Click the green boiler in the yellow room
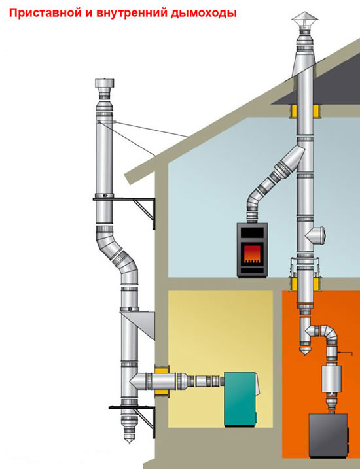tap(241, 398)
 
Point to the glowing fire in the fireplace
tap(252, 254)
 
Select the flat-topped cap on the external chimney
tap(104, 84)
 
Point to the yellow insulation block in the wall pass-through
tap(162, 381)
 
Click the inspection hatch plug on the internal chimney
tap(316, 235)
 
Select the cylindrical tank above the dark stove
tap(331, 378)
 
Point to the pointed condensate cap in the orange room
tap(305, 349)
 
